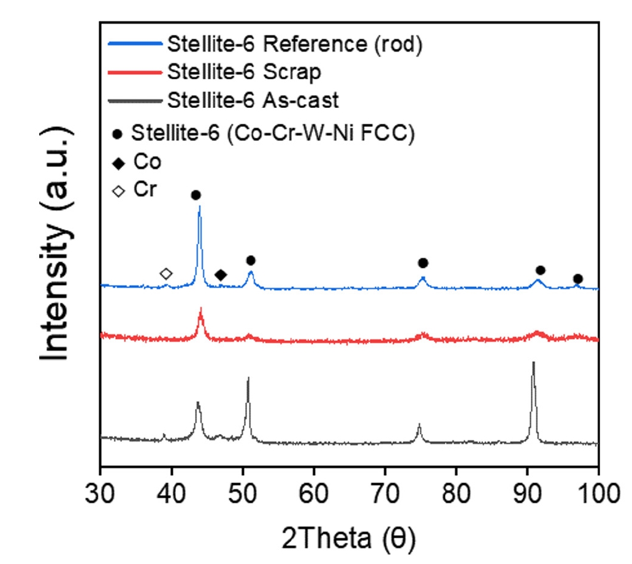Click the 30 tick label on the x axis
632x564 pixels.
100,491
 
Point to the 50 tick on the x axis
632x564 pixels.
243,467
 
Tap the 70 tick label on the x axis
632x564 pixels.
385,491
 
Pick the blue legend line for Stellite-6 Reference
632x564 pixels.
135,44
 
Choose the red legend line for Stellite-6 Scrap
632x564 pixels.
135,72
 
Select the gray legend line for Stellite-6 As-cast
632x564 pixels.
135,99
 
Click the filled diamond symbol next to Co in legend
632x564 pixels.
119,162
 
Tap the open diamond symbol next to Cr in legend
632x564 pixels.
119,190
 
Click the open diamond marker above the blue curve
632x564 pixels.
166,273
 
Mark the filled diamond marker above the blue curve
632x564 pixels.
221,275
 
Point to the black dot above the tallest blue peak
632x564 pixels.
196,195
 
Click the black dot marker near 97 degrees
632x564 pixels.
577,279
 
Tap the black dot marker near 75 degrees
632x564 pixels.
422,263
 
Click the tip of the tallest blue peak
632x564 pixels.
199,207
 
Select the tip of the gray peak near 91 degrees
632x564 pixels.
533,362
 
